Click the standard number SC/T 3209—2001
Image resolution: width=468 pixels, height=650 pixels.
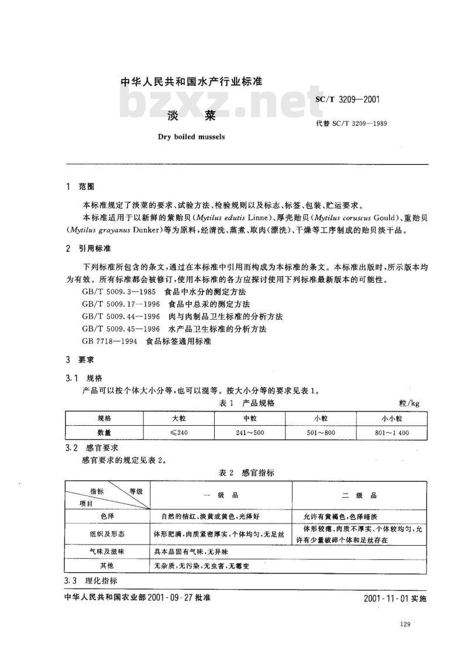(348, 99)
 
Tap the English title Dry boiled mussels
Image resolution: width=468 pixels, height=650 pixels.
(191, 138)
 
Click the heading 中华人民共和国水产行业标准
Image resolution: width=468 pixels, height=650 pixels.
(191, 83)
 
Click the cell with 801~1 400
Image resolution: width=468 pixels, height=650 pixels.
(392, 432)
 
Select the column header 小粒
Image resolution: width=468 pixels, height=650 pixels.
(321, 418)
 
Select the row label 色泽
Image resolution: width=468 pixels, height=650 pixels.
(106, 516)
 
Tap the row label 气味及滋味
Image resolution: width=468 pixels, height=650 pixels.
(106, 552)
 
